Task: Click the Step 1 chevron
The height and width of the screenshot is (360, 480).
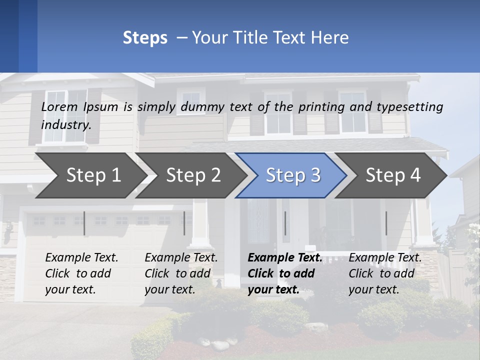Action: [90, 175]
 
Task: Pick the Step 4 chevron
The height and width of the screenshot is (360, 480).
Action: [392, 175]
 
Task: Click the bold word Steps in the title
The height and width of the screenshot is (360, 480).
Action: [145, 38]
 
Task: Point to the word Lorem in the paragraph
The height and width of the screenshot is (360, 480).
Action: [59, 106]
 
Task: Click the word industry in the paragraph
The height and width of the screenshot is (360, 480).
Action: [65, 124]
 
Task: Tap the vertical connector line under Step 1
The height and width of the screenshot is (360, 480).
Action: [84, 223]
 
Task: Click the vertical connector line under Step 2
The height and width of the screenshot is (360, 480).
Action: [184, 223]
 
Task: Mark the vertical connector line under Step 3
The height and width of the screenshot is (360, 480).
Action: [285, 223]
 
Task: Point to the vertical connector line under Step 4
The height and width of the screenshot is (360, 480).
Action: [386, 223]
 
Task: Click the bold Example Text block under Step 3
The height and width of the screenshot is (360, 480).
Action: [284, 273]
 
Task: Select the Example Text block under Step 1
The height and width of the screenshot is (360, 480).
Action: [81, 273]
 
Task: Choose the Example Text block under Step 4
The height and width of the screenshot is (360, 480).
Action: [385, 273]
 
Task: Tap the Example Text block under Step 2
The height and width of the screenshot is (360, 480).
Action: [181, 273]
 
